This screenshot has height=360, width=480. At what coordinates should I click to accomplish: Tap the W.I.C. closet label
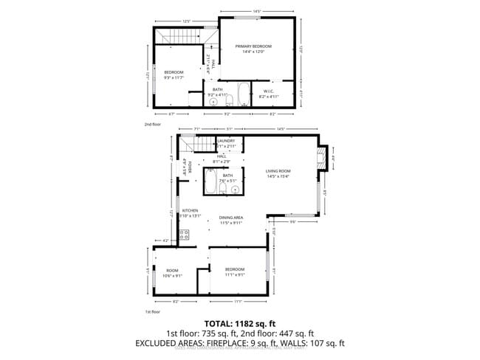(x=270, y=94)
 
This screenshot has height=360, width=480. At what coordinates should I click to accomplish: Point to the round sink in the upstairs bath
(x=213, y=103)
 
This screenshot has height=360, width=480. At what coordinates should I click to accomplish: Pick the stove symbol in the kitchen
(x=184, y=235)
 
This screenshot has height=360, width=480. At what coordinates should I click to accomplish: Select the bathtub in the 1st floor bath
(x=211, y=184)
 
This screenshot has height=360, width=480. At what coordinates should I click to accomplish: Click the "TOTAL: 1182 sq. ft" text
(x=239, y=323)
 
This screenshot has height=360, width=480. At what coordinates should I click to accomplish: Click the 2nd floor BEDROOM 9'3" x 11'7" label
(x=174, y=75)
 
